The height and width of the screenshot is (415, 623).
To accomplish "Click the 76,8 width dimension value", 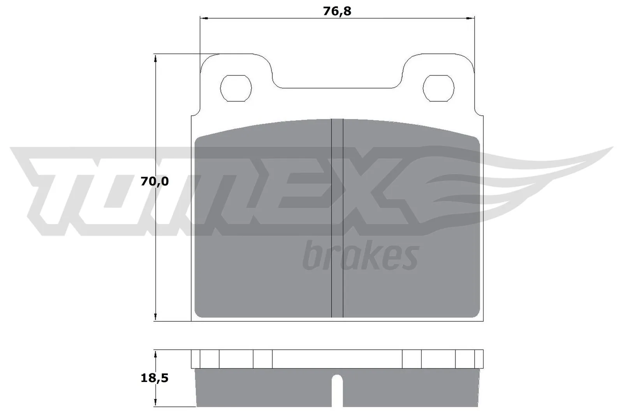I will click(x=337, y=11).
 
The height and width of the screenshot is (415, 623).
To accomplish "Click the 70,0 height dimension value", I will click(x=155, y=181).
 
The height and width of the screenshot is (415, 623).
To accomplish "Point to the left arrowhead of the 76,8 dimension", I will click(x=203, y=18).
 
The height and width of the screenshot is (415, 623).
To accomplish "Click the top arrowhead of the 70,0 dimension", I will click(x=155, y=58).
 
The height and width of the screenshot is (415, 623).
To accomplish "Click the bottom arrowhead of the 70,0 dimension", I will click(x=155, y=317).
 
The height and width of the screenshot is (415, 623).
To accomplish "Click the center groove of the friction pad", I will click(x=337, y=218).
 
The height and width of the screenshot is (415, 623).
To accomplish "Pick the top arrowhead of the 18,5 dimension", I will click(x=155, y=354).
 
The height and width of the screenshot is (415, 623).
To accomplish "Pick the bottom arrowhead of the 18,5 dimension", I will click(x=155, y=403).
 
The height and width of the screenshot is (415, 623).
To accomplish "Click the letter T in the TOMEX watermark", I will click(x=51, y=191).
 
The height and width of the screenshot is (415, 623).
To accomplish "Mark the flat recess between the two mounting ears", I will click(x=337, y=88).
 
